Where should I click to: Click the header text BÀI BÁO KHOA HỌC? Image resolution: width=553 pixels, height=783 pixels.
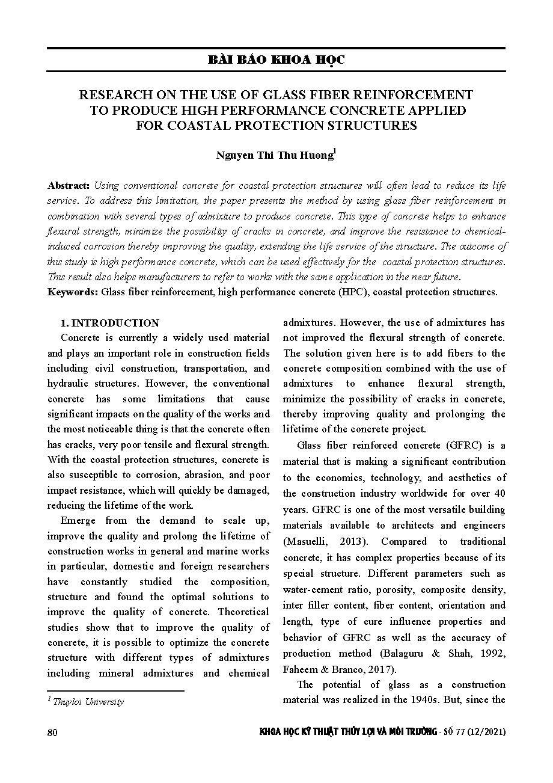click(276, 60)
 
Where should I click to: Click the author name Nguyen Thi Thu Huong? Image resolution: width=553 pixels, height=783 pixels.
click(275, 155)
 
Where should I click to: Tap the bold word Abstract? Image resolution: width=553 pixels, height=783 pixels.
click(69, 185)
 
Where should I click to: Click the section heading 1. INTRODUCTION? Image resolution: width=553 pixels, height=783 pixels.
click(110, 323)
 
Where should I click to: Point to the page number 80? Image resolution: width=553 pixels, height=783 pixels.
click(52, 732)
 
